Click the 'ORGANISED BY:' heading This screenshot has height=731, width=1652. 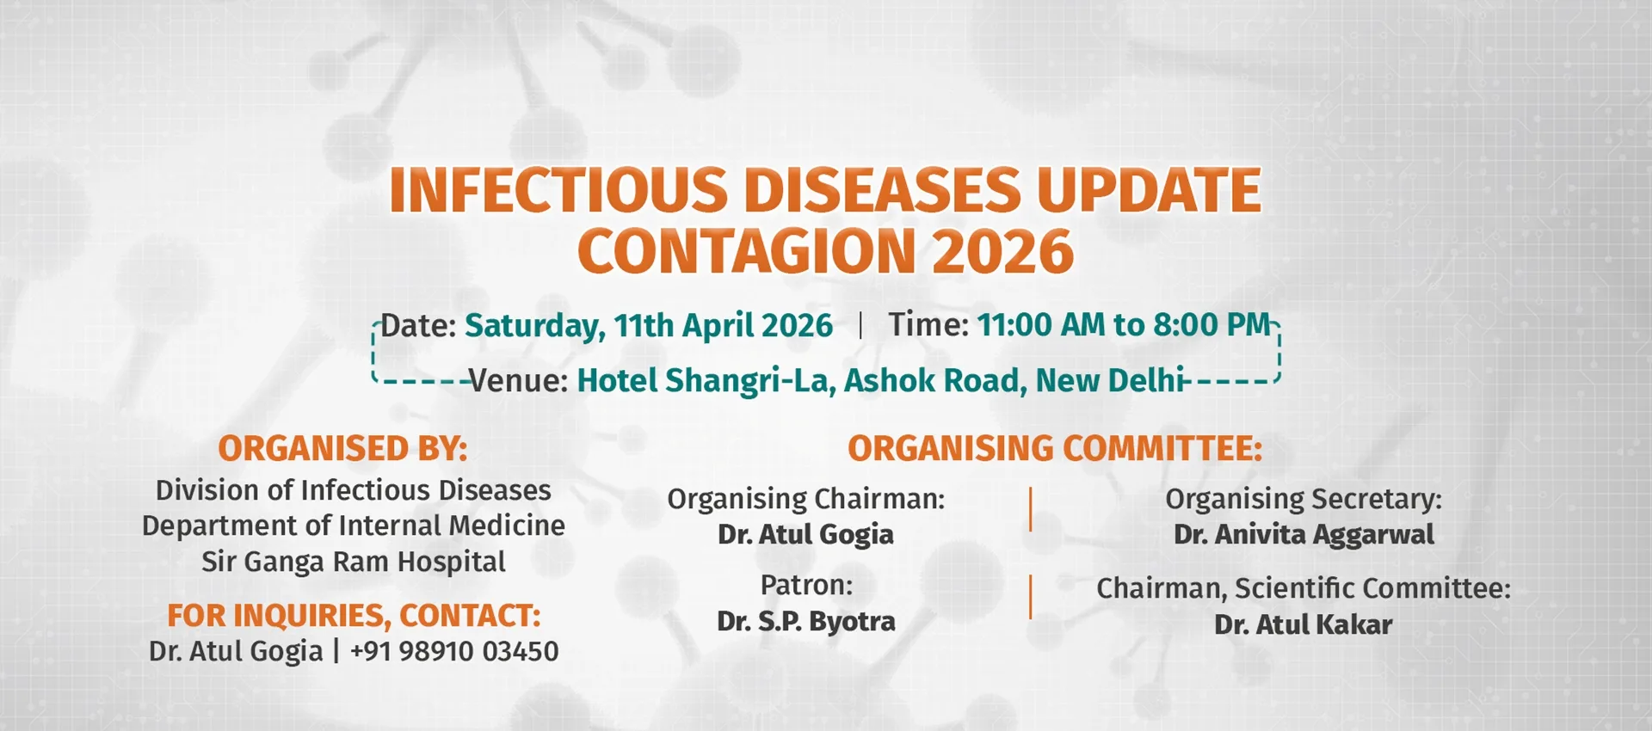(342, 449)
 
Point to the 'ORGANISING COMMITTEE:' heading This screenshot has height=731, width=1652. (1055, 449)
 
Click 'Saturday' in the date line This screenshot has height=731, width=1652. (533, 326)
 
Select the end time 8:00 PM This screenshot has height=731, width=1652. (1211, 325)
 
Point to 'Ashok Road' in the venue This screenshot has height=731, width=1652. (934, 380)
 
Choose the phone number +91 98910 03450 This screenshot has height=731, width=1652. (454, 652)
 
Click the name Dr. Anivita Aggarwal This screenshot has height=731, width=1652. (1304, 535)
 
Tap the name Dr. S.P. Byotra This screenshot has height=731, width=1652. (806, 622)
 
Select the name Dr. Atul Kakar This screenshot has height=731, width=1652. (1303, 625)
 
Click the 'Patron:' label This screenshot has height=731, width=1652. (806, 586)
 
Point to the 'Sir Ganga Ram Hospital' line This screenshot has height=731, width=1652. (353, 562)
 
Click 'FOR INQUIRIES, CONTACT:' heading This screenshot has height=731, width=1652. (354, 616)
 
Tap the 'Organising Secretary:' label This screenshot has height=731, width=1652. (1303, 499)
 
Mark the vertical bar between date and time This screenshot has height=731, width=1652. (860, 326)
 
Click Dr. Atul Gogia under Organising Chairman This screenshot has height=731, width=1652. (806, 535)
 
